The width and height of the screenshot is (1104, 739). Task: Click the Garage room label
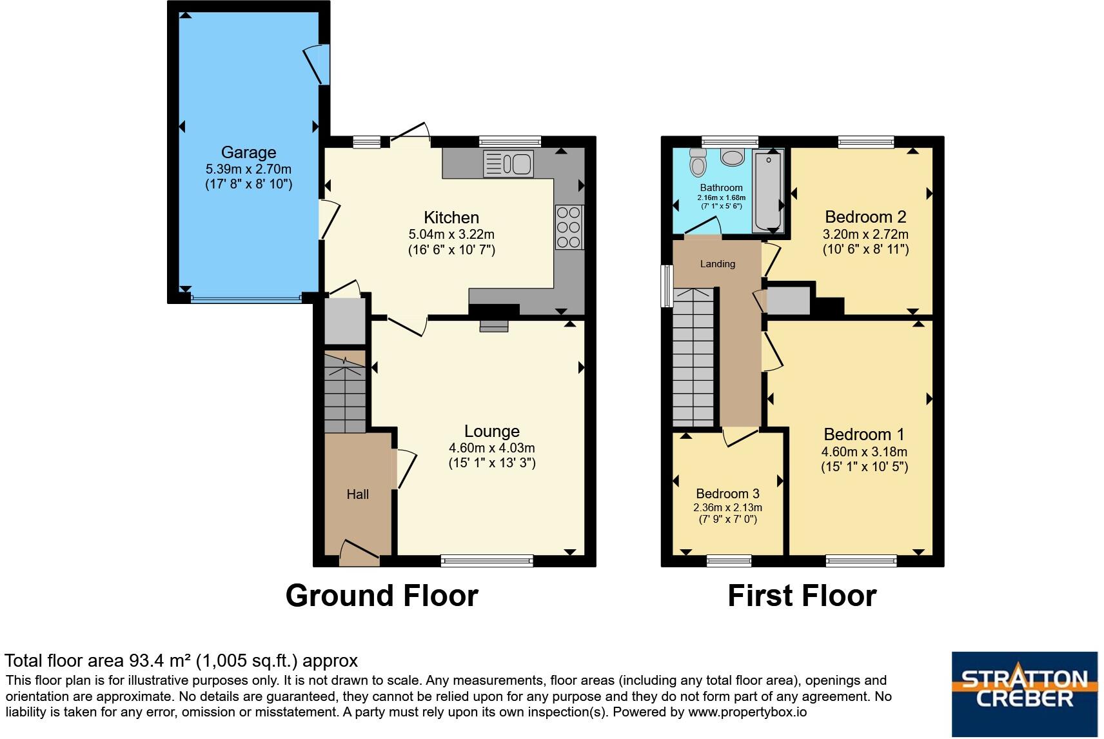pyautogui.click(x=248, y=152)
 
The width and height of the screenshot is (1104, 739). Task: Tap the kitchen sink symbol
pyautogui.click(x=508, y=164)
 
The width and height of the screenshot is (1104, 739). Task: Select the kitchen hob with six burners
pyautogui.click(x=569, y=227)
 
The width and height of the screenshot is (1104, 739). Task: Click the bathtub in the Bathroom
pyautogui.click(x=768, y=190)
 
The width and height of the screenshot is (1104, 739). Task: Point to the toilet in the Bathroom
pyautogui.click(x=697, y=163)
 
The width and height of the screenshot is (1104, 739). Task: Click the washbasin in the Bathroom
pyautogui.click(x=732, y=157)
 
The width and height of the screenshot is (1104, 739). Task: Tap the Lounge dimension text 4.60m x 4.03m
pyautogui.click(x=491, y=448)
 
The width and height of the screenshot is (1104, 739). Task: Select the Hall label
pyautogui.click(x=357, y=494)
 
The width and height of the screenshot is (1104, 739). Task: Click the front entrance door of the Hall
pyautogui.click(x=359, y=553)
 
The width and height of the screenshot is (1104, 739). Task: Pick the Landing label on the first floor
pyautogui.click(x=717, y=263)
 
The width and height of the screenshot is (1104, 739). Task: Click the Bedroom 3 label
pyautogui.click(x=727, y=494)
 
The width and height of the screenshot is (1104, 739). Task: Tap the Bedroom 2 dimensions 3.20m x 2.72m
pyautogui.click(x=865, y=234)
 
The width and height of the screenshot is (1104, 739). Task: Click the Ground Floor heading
pyautogui.click(x=382, y=595)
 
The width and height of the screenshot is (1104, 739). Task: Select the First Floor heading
pyautogui.click(x=802, y=595)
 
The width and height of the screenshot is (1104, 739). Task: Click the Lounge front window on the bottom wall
pyautogui.click(x=487, y=560)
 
